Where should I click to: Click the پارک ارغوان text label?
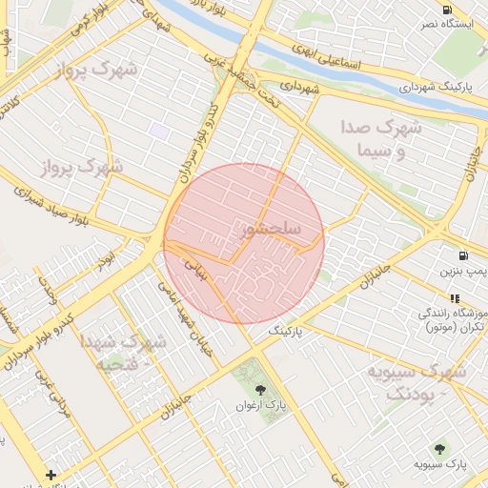(x=262, y=406)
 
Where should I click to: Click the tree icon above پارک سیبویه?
(x=439, y=448)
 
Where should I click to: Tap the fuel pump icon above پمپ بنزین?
(x=463, y=255)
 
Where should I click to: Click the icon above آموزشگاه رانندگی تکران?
(x=454, y=298)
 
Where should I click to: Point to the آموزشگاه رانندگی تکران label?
(x=452, y=320)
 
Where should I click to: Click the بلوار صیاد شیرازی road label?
(x=58, y=204)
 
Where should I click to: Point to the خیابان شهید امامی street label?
(x=191, y=312)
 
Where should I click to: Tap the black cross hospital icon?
(x=51, y=474)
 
